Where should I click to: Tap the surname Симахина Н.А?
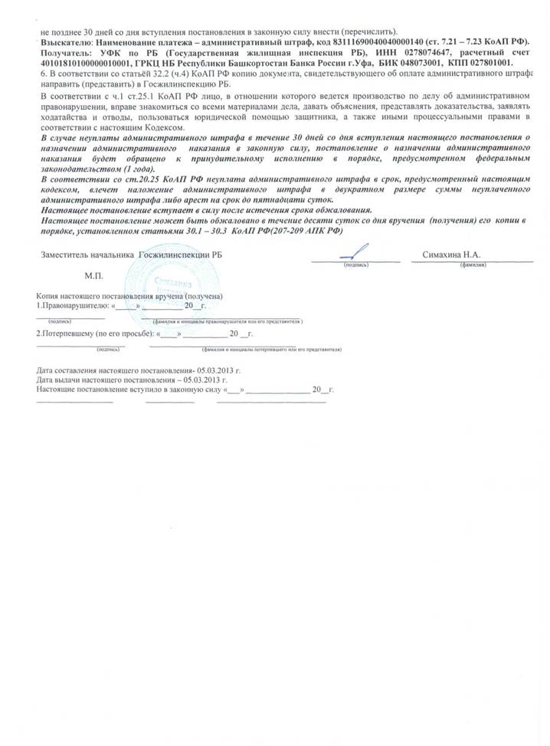(x=454, y=254)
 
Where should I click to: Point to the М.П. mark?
(x=95, y=274)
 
